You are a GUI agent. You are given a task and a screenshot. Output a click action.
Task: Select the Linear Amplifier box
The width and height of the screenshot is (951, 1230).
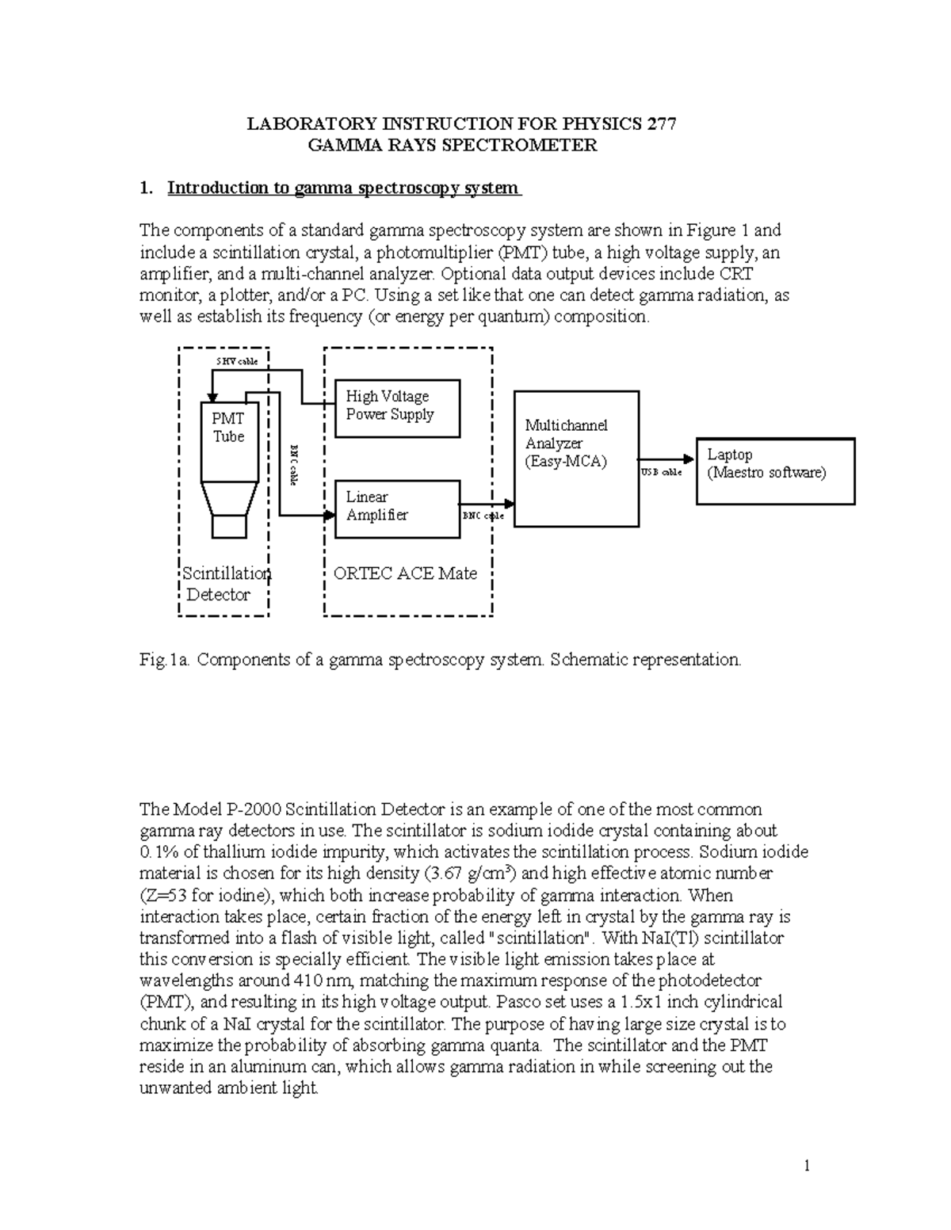(x=398, y=508)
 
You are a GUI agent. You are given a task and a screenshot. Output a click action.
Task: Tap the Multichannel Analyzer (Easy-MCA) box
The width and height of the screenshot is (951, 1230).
(x=576, y=459)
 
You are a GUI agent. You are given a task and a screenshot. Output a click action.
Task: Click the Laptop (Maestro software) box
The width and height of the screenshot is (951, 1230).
(x=775, y=470)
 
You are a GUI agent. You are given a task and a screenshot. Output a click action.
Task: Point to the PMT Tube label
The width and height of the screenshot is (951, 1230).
(x=228, y=428)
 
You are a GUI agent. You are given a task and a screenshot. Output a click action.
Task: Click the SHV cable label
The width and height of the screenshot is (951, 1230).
(x=238, y=361)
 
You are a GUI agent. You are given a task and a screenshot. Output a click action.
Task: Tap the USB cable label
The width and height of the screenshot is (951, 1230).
(x=661, y=472)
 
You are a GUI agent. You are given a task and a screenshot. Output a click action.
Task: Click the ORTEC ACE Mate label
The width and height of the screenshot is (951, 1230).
(x=405, y=573)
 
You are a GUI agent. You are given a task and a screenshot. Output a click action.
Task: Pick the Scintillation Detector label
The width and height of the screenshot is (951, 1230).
(x=225, y=585)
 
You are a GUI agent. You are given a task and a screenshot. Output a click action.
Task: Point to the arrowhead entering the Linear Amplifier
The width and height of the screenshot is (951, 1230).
(x=330, y=516)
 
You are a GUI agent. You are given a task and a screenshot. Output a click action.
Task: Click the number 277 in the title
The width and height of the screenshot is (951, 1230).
(x=661, y=124)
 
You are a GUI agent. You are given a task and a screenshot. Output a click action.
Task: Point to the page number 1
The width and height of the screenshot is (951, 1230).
(x=806, y=1165)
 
